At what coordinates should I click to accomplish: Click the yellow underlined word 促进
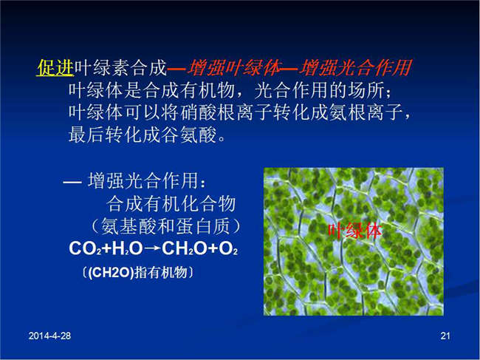55,67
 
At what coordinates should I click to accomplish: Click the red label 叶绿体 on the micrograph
355,231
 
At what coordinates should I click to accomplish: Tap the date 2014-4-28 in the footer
49,336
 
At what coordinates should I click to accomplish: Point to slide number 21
445,336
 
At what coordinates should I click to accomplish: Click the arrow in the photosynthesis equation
152,248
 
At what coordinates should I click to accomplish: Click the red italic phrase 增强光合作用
355,68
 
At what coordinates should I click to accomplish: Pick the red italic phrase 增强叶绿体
234,68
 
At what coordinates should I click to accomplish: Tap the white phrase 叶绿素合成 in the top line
120,67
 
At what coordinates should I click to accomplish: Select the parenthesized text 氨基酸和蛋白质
165,226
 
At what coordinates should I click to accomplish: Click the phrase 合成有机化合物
171,204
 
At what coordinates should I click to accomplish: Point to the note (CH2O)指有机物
138,272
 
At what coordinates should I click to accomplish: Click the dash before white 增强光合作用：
72,183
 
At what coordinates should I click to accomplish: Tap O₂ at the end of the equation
228,248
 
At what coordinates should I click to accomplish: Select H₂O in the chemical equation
127,248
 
